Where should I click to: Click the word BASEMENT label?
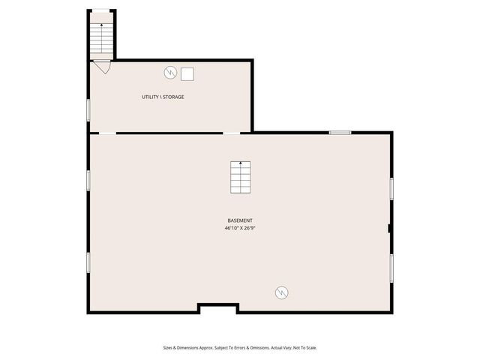pos(240,220)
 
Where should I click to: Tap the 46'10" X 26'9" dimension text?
pos(240,228)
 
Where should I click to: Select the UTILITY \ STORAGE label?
pos(163,97)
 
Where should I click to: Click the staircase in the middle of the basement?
pos(240,178)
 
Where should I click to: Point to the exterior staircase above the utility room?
pos(102,36)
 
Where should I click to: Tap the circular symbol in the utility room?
pos(170,73)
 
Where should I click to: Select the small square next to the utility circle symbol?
pos(187,73)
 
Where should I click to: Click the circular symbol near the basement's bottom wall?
pos(282,292)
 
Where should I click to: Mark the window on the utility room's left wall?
pos(88,109)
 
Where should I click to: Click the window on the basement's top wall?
pos(340,133)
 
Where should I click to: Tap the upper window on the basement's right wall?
pos(391,188)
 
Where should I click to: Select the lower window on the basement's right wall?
pos(391,267)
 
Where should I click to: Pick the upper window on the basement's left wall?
pos(88,180)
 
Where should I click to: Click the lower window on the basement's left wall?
pos(88,262)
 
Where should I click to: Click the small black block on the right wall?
pos(389,228)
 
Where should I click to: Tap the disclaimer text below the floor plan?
pos(240,347)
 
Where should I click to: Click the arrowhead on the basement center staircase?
pos(240,162)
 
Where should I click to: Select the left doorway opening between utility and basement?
pos(108,133)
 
